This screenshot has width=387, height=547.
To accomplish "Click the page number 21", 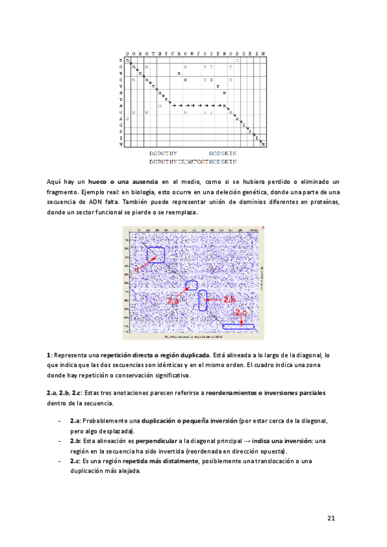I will [x=331, y=518].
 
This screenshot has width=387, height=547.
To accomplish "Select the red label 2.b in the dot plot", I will [x=230, y=300].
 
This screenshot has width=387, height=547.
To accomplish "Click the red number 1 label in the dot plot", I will [x=137, y=271].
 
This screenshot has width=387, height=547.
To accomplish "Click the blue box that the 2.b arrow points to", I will [x=203, y=300].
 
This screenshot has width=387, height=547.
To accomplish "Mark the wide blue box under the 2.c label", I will [x=239, y=326].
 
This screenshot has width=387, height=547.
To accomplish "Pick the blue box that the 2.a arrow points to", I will [x=192, y=285].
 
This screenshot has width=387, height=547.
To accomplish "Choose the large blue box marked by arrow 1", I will [x=155, y=255].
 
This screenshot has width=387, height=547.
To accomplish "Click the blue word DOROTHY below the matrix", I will [x=163, y=154].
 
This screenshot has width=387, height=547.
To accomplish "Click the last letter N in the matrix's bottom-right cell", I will [x=263, y=144].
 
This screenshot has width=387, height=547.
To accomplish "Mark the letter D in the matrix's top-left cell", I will [x=128, y=60].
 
